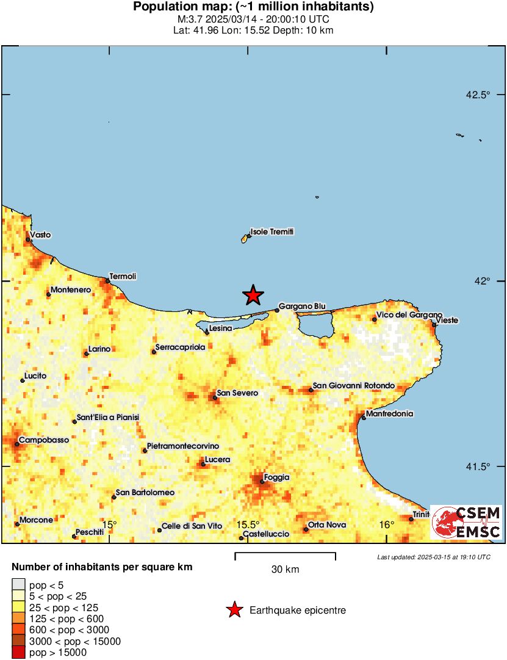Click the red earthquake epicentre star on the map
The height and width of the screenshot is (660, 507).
[x=253, y=295]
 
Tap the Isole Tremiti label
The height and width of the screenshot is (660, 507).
[x=272, y=232]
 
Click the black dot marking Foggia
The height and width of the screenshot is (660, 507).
[x=262, y=482]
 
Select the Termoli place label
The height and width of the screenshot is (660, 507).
[x=123, y=277]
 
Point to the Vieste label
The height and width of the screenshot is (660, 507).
[x=447, y=320]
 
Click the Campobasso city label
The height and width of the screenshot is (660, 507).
[x=43, y=440]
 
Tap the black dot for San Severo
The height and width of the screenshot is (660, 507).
[x=215, y=397]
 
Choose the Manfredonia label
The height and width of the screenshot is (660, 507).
[x=390, y=414]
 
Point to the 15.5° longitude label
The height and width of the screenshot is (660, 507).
[x=248, y=525]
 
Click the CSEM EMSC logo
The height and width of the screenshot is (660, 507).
[x=467, y=523]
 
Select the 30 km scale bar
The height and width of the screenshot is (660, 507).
[x=285, y=556]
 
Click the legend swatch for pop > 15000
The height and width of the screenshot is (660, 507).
[x=19, y=653]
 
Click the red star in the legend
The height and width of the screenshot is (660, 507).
[x=234, y=610]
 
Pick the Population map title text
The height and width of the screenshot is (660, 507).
[x=253, y=7]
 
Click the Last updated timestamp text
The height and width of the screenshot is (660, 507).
[x=433, y=557]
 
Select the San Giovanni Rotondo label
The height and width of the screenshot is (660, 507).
[x=353, y=386]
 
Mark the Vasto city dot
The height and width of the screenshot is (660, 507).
[x=28, y=239]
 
